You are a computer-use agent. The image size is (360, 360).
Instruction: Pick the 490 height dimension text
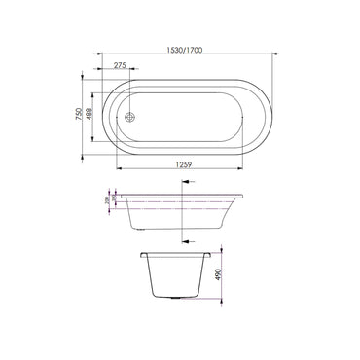[x=219, y=275]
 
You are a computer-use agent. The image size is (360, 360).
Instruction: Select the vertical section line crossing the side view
[x=183, y=209]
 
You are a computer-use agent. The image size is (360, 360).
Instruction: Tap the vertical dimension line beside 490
[x=213, y=275]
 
